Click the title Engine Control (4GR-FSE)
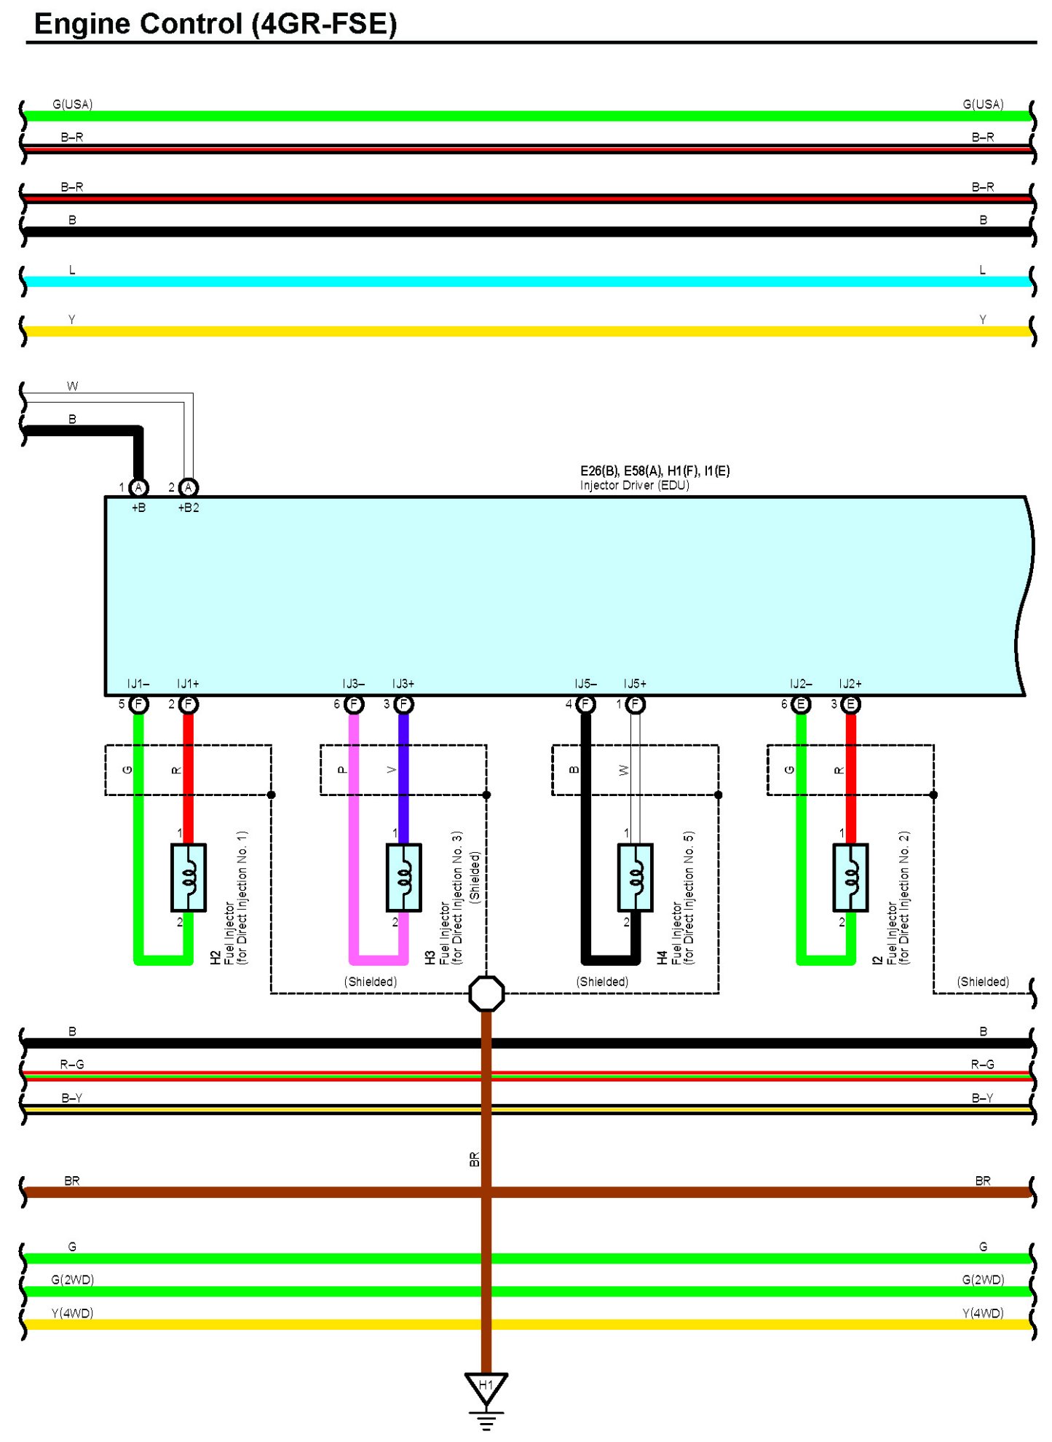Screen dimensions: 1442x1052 (215, 24)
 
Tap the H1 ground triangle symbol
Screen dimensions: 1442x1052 (486, 1387)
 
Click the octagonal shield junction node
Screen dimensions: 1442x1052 (486, 993)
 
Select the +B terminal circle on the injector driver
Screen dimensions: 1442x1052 (138, 487)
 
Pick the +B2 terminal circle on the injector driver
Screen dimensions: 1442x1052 (189, 487)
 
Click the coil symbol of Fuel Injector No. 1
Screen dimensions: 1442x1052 (189, 878)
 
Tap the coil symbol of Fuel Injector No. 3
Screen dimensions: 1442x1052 (404, 878)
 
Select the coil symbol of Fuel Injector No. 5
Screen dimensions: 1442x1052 (636, 878)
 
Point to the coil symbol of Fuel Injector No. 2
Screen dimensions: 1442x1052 (850, 878)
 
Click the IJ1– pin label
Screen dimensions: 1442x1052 (138, 684)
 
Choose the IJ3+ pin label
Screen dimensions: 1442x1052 (403, 684)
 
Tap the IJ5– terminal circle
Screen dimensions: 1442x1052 (585, 704)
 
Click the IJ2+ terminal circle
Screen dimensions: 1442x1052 (850, 704)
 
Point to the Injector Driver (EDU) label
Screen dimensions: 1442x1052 (634, 486)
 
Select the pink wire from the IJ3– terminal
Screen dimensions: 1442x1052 (354, 838)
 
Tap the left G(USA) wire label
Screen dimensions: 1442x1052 (72, 104)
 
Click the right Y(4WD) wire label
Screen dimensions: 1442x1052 (983, 1313)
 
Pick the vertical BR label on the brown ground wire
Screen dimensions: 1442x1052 (475, 1159)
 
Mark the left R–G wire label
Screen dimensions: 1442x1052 (72, 1065)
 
